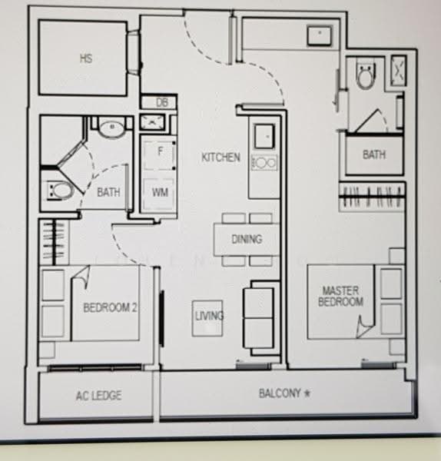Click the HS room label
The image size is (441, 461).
coord(86,58)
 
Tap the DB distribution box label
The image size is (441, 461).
coord(161,103)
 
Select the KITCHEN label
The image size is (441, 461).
coord(220,158)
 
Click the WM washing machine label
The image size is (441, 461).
coord(160,193)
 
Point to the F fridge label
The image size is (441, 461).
coord(161,151)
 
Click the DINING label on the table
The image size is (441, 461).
coord(247,239)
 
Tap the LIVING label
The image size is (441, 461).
coord(209,316)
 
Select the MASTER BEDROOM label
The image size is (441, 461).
coord(340,297)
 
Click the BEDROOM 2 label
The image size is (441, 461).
coord(110,307)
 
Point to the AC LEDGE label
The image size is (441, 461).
coord(99,396)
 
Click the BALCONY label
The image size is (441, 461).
coord(280,393)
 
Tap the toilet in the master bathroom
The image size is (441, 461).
coord(366,75)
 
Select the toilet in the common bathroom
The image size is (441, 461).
coord(60,191)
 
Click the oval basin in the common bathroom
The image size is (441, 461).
coord(111,129)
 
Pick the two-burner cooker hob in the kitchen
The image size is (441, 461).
coord(264,163)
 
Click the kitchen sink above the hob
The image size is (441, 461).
coord(264,136)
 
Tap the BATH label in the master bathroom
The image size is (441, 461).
coord(373,154)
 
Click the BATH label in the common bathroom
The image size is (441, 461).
coord(108,193)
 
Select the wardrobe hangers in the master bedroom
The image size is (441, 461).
coord(372,197)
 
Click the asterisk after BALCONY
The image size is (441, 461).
coord(307,393)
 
